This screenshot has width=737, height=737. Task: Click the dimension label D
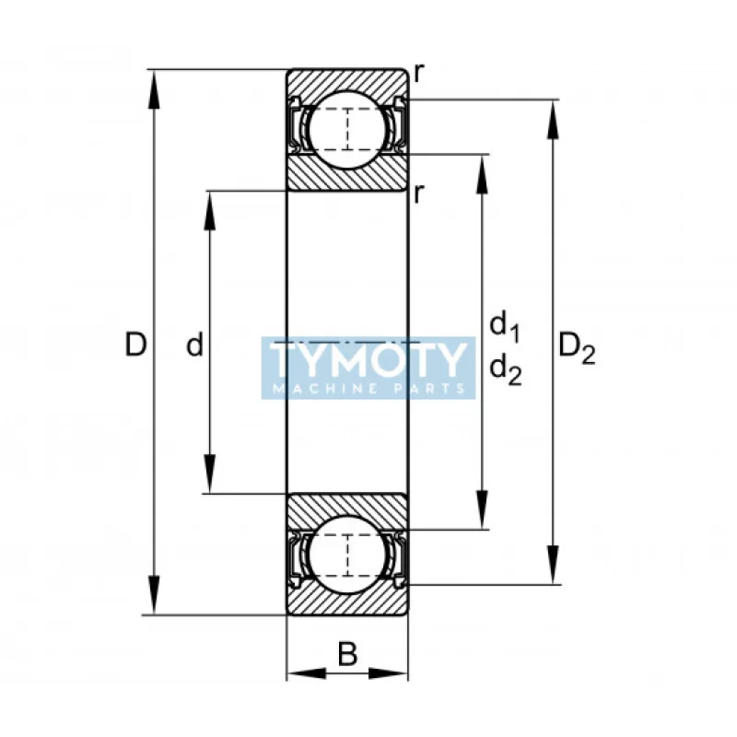click(x=135, y=344)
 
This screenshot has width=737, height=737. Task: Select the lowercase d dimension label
click(x=194, y=344)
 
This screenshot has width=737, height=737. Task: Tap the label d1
click(x=505, y=327)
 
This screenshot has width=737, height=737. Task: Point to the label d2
click(x=506, y=370)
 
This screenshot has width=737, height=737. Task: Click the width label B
click(x=347, y=654)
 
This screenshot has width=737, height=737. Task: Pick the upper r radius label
click(x=419, y=74)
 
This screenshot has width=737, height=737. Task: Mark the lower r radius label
click(x=419, y=193)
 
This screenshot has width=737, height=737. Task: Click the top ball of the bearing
click(x=347, y=129)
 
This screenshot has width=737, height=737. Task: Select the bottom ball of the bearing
click(x=347, y=556)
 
